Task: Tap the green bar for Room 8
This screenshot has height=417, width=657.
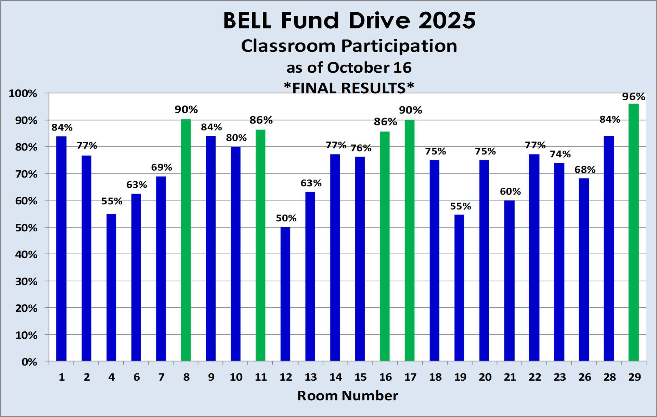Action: pos(186,240)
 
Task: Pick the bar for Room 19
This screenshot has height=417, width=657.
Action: pos(459,288)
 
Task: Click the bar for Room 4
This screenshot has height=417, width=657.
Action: pos(111,287)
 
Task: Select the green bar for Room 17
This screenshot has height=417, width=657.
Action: pos(410,240)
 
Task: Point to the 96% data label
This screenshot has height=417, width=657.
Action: pos(633,97)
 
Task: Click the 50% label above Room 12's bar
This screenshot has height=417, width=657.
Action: pos(286,218)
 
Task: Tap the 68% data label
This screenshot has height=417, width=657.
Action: pos(585,170)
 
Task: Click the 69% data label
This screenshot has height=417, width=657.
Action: pos(162,168)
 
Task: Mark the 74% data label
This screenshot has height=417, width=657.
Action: pos(560,154)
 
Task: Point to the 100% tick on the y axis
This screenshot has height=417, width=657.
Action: pos(23,94)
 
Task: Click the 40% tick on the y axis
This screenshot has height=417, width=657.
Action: pos(26,255)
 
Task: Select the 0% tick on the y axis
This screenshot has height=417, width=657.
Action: pos(29,362)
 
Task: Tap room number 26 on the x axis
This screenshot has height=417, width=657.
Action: pos(584,377)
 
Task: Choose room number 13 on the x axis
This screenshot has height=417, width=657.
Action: pos(311,377)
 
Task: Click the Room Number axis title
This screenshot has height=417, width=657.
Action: pos(347,396)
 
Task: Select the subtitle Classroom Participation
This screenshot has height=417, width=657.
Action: pos(349,46)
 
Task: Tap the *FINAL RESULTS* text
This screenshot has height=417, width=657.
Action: pos(349,88)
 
